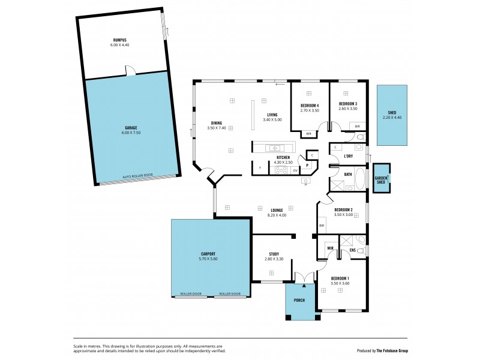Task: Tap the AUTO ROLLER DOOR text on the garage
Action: coord(137,176)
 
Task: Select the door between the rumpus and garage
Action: coord(130,74)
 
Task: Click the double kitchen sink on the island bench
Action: coord(274,148)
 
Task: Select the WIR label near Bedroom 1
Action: coord(330,248)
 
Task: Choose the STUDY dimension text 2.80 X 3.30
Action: coord(274,259)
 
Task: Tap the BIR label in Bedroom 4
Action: coord(308,134)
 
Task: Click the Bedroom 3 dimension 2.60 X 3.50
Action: coord(348,109)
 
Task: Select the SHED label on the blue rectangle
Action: coord(392,112)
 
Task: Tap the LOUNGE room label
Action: coord(276,210)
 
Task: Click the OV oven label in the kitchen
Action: coord(295,170)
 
